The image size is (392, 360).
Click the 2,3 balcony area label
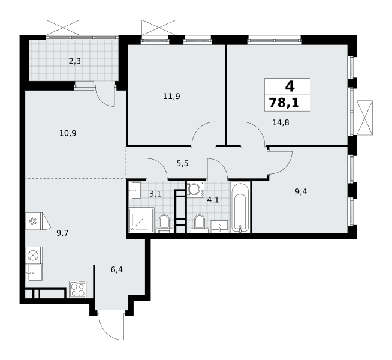click(x=75, y=61)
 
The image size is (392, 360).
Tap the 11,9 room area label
click(x=171, y=97)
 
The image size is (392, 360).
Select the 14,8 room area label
click(x=281, y=122)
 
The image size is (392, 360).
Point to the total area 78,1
click(x=284, y=103)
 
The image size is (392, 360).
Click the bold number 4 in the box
click(x=290, y=86)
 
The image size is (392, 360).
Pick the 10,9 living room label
click(x=68, y=133)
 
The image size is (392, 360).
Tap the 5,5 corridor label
click(x=182, y=164)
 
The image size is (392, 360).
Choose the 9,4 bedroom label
click(x=301, y=192)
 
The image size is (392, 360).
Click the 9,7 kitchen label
click(x=62, y=233)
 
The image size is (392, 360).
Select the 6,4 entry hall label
click(x=117, y=270)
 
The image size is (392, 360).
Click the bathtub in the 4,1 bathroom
click(x=240, y=207)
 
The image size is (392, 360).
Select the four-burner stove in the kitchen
click(x=78, y=289)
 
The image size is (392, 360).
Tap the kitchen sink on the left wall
click(x=34, y=272)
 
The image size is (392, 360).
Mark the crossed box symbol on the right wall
click(x=365, y=118)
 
